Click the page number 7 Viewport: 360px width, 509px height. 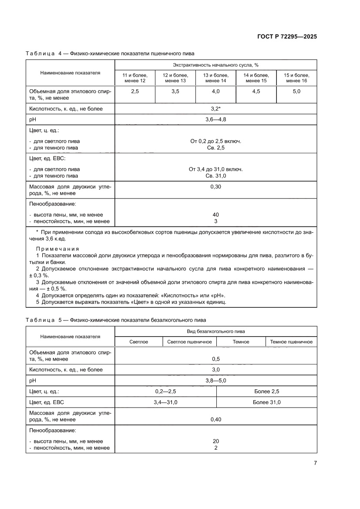[315, 463]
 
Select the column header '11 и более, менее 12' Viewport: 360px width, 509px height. [135, 78]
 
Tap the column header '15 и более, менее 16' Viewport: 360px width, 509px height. [296, 78]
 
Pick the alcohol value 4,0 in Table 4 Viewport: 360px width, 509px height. [215, 91]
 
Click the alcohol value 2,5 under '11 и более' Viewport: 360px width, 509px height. [135, 91]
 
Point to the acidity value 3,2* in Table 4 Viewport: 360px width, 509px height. [215, 108]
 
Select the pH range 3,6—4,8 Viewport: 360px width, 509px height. [215, 119]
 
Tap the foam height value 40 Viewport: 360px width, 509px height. [215, 215]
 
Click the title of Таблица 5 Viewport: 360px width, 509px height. [115, 320]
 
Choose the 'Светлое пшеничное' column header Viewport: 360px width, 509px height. [189, 342]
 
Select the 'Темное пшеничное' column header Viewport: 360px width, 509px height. [291, 342]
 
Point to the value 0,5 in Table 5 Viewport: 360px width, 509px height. [215, 359]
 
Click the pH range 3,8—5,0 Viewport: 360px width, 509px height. [215, 381]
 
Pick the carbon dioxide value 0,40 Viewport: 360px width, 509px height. [215, 419]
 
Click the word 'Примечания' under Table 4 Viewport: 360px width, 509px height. [54, 249]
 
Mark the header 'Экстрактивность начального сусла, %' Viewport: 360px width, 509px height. [215, 65]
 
